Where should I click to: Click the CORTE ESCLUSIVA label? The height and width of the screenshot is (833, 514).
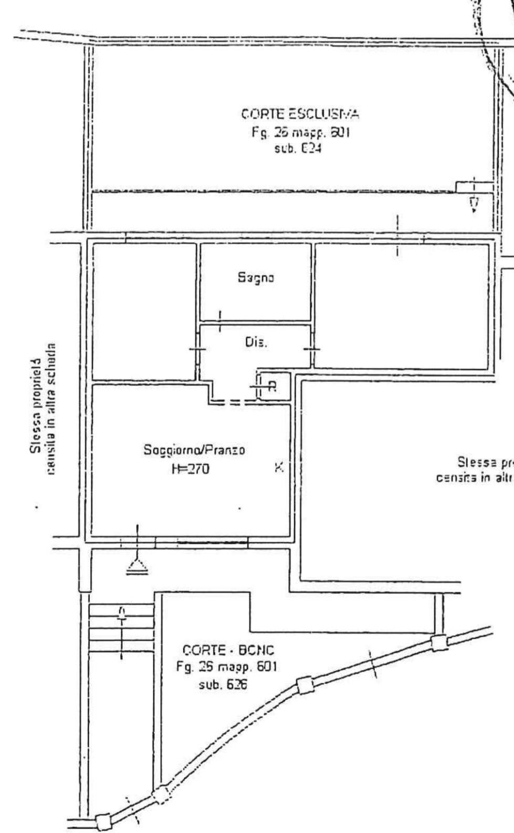point(300,114)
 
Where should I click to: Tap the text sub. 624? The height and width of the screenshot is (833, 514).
point(297,149)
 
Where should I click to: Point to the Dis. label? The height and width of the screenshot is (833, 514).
point(256,343)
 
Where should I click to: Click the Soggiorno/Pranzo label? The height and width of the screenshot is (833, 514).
point(194,450)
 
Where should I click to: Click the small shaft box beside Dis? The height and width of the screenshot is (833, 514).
point(274,386)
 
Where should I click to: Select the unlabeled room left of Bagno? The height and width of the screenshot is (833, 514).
point(144,311)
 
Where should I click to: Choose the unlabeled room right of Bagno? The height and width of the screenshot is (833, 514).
point(402,306)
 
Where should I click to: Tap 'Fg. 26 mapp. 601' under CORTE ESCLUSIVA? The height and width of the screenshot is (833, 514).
point(300,132)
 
